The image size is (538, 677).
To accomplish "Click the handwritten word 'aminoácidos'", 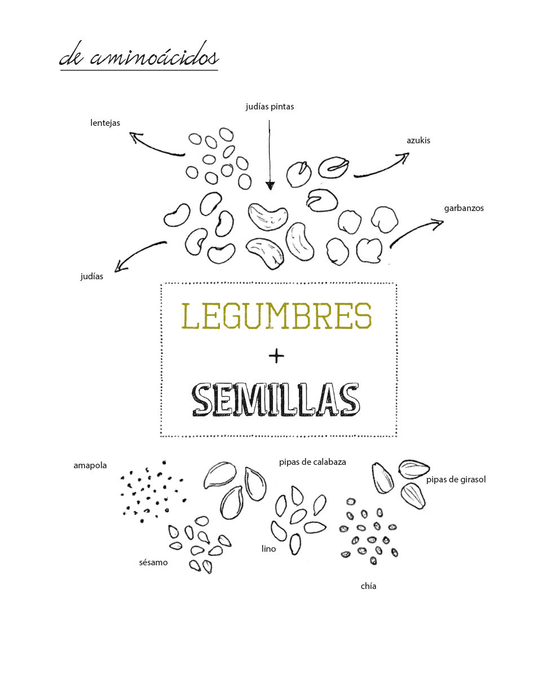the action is (x=154, y=56).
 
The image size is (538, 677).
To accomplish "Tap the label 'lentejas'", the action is (x=105, y=123).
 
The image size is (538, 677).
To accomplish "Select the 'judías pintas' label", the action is (x=270, y=107).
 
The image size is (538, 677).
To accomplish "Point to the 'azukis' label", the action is (x=418, y=140).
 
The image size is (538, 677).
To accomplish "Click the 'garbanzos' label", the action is (x=464, y=208).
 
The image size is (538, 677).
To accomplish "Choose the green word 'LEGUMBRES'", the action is (x=276, y=315).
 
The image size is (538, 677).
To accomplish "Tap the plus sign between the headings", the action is (x=276, y=356).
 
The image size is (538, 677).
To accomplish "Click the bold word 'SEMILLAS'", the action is (x=276, y=400).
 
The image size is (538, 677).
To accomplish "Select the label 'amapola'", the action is (x=90, y=465).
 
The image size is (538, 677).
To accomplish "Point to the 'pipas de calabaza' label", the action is (x=312, y=462).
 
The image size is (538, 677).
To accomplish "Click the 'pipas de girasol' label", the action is (x=456, y=480).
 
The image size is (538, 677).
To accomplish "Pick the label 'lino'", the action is (x=268, y=548).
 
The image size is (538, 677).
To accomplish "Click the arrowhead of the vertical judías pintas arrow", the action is (x=270, y=186).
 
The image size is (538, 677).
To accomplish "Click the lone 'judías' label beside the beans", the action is (x=92, y=276).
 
